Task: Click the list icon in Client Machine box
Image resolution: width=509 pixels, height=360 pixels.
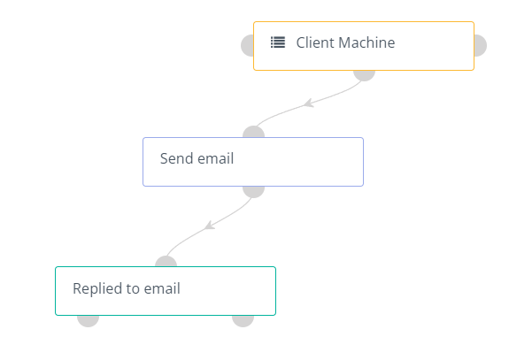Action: click(x=278, y=42)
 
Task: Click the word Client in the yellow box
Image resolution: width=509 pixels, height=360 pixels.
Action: click(x=315, y=42)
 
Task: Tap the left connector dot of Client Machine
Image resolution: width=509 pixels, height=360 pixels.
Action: click(x=247, y=45)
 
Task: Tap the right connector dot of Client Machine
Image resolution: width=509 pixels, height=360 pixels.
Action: click(x=481, y=45)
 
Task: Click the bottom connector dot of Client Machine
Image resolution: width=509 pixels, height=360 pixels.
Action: click(x=364, y=75)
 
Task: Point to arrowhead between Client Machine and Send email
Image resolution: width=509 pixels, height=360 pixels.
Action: click(x=308, y=103)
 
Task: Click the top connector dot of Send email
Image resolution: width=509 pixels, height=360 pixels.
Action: click(x=253, y=132)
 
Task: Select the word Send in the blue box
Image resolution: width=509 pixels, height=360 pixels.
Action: click(x=176, y=158)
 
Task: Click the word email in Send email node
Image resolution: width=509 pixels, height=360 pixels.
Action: click(x=215, y=158)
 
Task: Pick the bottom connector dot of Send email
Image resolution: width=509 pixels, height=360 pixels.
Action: click(x=253, y=192)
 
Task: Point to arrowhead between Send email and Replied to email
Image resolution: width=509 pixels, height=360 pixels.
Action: click(x=210, y=225)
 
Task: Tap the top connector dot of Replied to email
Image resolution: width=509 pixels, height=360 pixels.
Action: click(x=166, y=262)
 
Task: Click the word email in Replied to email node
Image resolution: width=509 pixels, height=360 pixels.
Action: click(x=162, y=288)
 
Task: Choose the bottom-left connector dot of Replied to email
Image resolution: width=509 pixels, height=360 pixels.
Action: click(x=88, y=321)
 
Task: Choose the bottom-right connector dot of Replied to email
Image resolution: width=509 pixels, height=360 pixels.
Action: click(x=243, y=321)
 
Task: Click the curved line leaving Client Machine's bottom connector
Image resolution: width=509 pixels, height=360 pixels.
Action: click(x=308, y=104)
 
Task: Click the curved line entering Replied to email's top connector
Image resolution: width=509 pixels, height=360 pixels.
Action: click(x=210, y=226)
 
